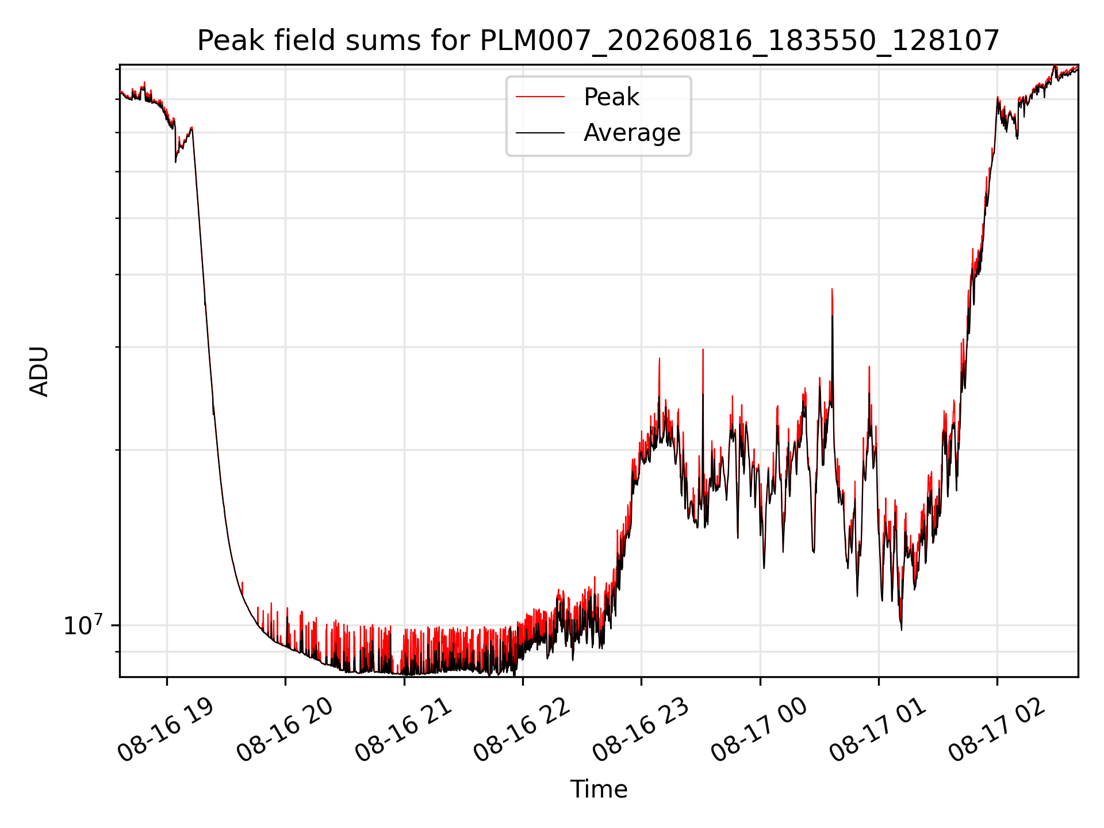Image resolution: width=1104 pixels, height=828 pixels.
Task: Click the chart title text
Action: pos(599,41)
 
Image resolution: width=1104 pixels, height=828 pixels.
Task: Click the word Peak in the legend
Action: pos(611,97)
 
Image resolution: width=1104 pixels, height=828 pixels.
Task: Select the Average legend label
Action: pos(632,133)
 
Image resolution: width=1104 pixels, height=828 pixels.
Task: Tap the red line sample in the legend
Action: pos(540,97)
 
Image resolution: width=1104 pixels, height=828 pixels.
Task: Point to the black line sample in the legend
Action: pos(540,133)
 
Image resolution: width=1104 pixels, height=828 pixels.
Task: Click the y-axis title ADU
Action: pos(39,371)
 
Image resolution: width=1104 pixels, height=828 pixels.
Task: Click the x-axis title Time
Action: pos(599,789)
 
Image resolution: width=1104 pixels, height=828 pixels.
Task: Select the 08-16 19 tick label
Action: pos(166,730)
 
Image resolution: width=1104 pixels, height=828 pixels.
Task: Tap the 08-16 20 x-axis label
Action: pos(285,730)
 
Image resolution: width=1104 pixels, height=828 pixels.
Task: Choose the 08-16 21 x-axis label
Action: pos(403,730)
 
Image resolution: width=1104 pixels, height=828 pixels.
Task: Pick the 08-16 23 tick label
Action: pos(641,730)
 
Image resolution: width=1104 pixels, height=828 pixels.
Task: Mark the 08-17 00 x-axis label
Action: pos(759,730)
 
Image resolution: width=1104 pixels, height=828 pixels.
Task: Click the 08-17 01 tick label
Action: pos(878,730)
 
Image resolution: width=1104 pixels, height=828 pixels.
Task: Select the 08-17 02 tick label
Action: pos(996,730)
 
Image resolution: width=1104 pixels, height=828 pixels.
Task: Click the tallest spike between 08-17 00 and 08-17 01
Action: pos(832,289)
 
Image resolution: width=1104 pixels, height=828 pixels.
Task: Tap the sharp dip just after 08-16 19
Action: pos(175,161)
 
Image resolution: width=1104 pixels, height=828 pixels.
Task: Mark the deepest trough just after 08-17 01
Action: pos(901,629)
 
